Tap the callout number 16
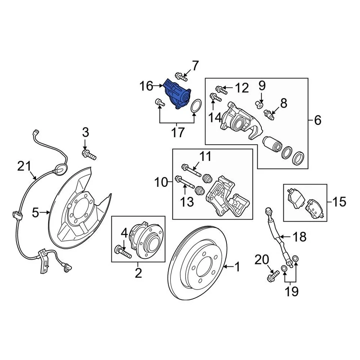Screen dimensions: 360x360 [147, 87]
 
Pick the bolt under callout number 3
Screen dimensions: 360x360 [89, 154]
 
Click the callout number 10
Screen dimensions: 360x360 [162, 183]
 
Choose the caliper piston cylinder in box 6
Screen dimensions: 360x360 [272, 145]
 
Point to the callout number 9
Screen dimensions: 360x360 [262, 85]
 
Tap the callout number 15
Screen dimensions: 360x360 [339, 202]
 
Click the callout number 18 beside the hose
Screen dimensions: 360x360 [299, 237]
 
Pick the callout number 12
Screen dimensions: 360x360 [242, 88]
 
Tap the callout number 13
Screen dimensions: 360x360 [186, 201]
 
